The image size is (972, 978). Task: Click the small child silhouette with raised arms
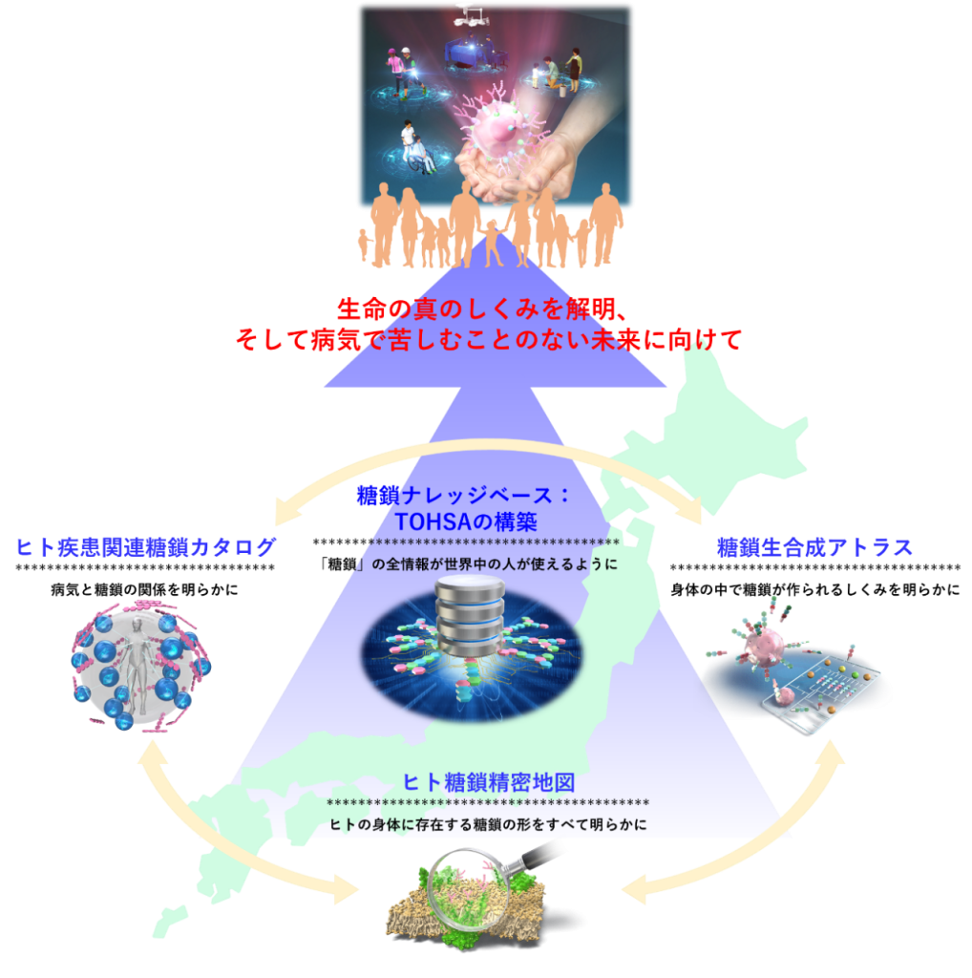pyautogui.click(x=491, y=239)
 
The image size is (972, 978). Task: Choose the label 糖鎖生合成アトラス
pyautogui.click(x=814, y=547)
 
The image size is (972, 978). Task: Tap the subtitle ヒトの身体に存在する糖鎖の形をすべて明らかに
pyautogui.click(x=487, y=823)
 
